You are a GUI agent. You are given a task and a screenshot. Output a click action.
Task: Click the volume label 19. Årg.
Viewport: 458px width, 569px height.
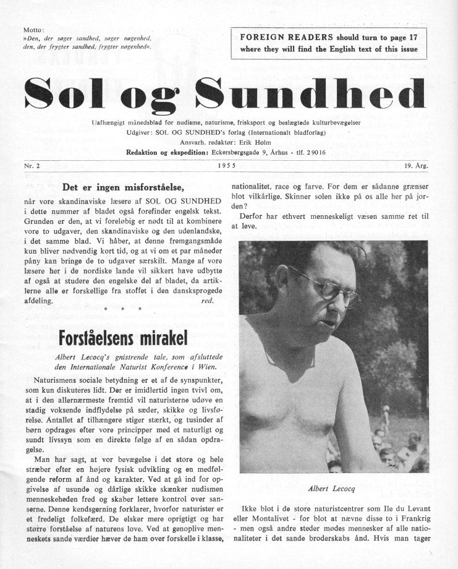pyautogui.click(x=417, y=166)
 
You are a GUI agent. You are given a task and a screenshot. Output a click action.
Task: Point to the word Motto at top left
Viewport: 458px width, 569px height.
pyautogui.click(x=33, y=30)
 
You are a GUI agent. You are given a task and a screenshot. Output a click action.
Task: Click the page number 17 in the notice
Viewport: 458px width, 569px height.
pyautogui.click(x=409, y=37)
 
